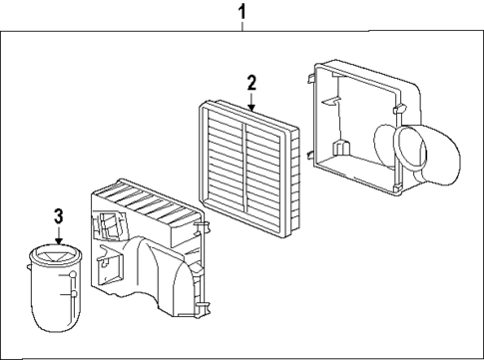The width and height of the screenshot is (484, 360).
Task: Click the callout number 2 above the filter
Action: (x=251, y=83)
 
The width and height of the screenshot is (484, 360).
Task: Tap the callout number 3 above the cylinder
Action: (x=59, y=215)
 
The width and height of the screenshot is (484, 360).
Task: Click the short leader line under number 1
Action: (x=241, y=27)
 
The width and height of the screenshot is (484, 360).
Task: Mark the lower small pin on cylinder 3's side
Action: (x=72, y=293)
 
